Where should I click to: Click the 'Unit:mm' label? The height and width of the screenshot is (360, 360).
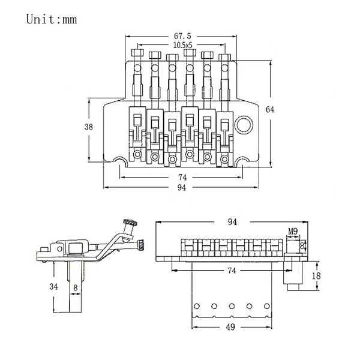(52, 19)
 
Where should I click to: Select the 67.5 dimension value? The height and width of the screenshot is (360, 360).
(182, 36)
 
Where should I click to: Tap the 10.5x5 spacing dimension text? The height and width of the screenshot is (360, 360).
(183, 45)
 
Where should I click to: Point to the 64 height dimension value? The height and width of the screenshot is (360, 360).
(270, 110)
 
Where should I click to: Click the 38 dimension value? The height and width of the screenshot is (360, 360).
(89, 127)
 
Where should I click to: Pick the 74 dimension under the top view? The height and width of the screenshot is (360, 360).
(182, 177)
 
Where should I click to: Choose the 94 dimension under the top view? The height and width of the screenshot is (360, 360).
(182, 188)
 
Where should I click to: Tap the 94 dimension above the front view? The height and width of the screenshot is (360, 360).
(232, 222)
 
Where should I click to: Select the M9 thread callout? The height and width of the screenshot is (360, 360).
(293, 231)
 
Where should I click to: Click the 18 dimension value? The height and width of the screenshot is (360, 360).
(316, 275)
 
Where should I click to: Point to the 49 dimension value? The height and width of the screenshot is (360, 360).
(230, 327)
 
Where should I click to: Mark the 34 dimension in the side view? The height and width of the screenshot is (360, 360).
(54, 286)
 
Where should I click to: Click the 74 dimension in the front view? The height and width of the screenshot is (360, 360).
(232, 271)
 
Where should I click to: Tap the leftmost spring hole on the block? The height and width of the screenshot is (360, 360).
(197, 306)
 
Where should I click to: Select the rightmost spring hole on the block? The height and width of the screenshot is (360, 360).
(267, 306)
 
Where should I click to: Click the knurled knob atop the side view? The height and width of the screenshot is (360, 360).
(130, 223)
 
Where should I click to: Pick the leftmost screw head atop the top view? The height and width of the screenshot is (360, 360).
(137, 53)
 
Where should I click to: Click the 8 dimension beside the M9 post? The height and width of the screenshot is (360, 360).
(302, 245)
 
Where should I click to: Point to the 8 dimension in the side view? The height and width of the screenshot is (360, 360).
(76, 287)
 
